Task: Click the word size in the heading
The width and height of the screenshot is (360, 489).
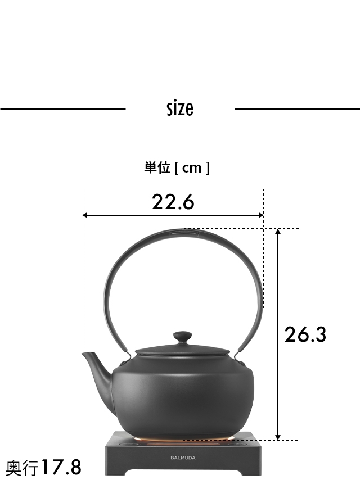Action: (x=180, y=108)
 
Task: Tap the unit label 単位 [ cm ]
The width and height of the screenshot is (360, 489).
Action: (x=177, y=167)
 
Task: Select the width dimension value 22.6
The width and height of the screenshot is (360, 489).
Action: (x=173, y=201)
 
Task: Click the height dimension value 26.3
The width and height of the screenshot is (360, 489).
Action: (x=305, y=334)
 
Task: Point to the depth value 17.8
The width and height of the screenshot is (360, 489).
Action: (x=60, y=468)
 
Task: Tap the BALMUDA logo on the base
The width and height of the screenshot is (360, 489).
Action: (x=183, y=458)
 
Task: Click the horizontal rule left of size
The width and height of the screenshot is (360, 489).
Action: (x=62, y=108)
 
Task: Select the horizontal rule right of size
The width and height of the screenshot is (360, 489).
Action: (x=297, y=108)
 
